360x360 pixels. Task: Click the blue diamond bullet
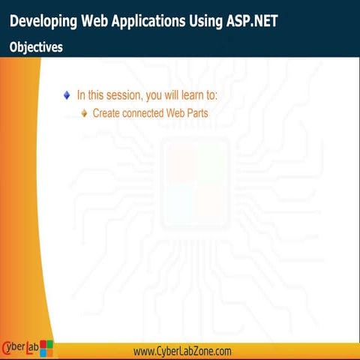67,95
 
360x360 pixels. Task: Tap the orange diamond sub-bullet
85,113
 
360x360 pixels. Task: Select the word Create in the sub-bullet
106,113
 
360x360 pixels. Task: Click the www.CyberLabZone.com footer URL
182,351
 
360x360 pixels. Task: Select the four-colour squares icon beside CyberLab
46,348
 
